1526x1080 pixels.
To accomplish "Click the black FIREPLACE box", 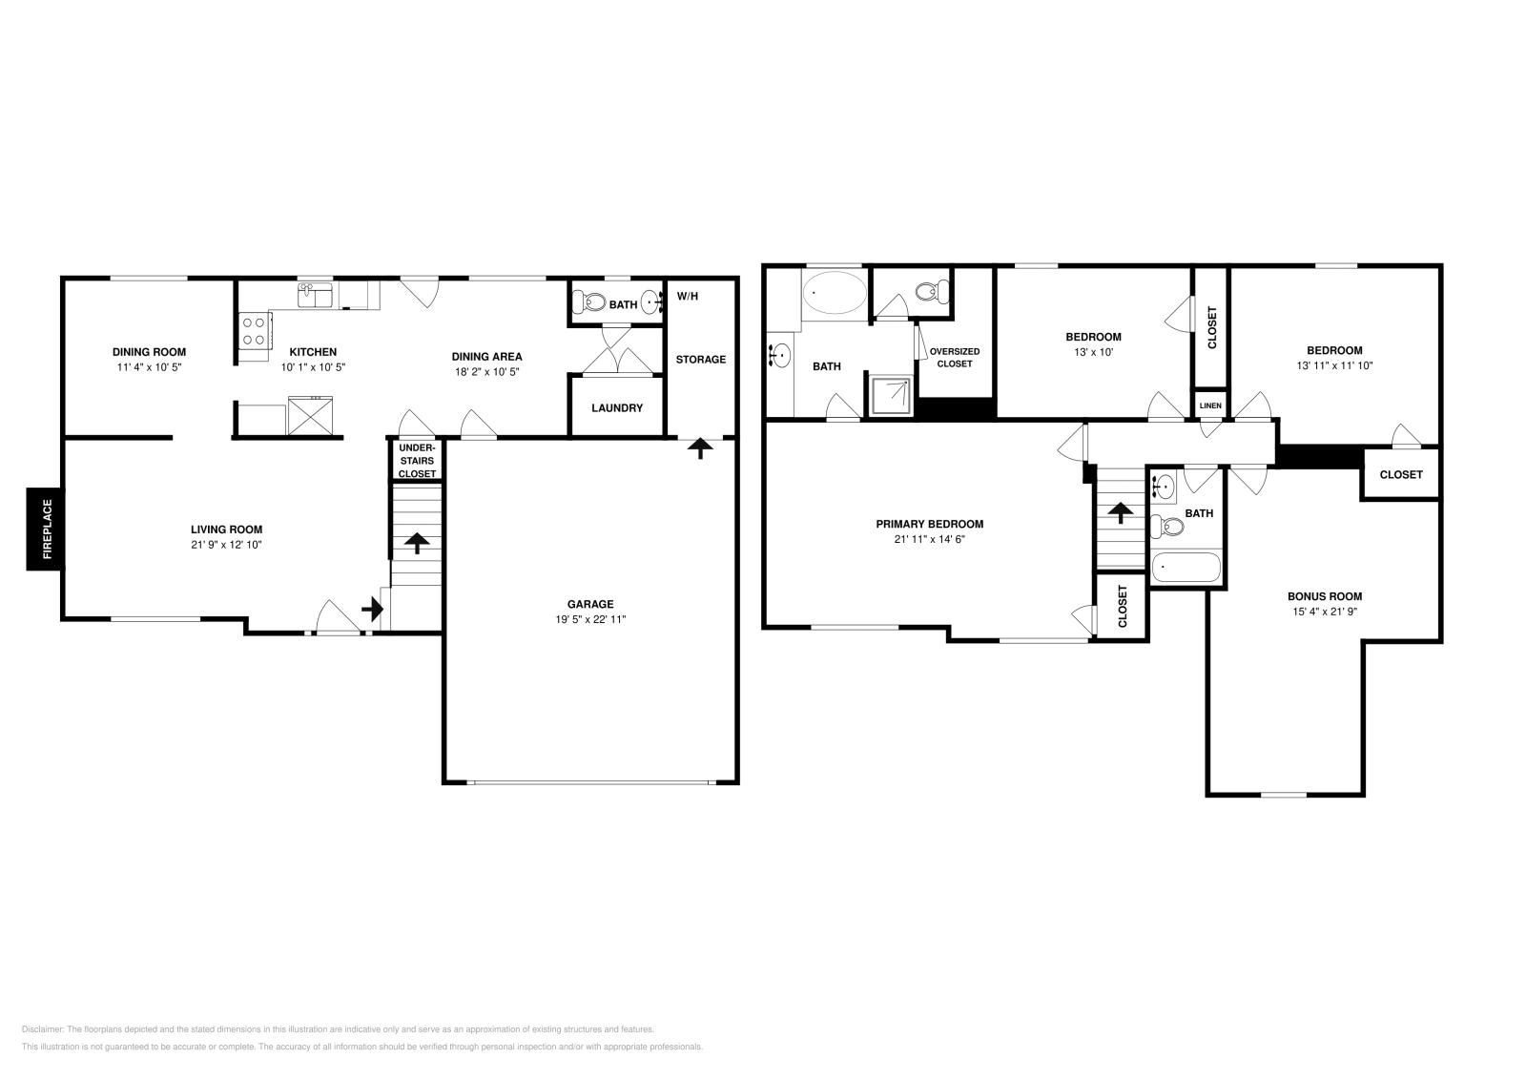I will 45,529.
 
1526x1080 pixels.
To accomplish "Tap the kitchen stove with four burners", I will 254,331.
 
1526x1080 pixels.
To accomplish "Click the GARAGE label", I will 590,604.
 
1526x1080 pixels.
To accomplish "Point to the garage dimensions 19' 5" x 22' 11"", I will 590,619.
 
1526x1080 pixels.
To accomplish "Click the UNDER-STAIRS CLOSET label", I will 417,460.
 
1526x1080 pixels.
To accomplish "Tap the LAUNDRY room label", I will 616,407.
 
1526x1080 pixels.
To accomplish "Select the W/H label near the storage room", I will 687,296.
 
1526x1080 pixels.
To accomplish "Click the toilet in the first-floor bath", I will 591,303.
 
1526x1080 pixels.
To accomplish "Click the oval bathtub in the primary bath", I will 835,292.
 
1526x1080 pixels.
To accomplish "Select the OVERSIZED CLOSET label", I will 955,357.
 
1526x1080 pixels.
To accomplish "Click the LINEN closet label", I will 1210,405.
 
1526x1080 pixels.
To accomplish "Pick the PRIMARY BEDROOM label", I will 929,524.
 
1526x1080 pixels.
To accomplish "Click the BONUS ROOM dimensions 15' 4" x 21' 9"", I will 1324,612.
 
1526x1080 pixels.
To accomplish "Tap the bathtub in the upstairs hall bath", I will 1186,569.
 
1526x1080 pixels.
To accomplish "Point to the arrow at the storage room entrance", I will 701,447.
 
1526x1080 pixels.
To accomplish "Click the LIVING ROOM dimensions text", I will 226,545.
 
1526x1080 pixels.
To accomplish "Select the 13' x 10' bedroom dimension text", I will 1093,352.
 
